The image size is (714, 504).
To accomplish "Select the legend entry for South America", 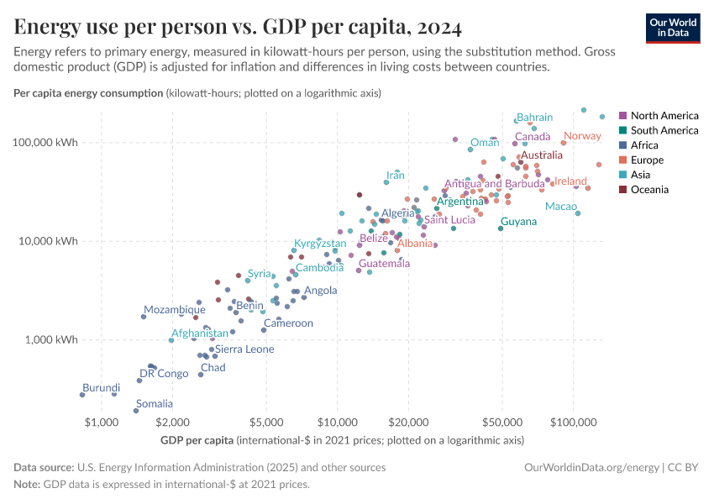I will pyautogui.click(x=664, y=130).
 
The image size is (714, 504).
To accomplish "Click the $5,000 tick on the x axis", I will pyautogui.click(x=266, y=422).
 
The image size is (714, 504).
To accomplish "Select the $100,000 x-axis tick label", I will pyautogui.click(x=574, y=422).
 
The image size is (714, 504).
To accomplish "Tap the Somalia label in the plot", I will pyautogui.click(x=155, y=404).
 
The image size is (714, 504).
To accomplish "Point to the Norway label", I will pyautogui.click(x=582, y=136).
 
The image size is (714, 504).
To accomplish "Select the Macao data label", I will pyautogui.click(x=560, y=206).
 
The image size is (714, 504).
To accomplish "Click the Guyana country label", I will pyautogui.click(x=518, y=222).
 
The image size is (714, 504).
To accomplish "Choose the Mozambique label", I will pyautogui.click(x=174, y=310).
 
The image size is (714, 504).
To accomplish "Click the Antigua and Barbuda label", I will pyautogui.click(x=494, y=184).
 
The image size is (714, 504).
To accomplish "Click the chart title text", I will pyautogui.click(x=238, y=29).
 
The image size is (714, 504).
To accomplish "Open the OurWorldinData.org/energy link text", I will pyautogui.click(x=592, y=467).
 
